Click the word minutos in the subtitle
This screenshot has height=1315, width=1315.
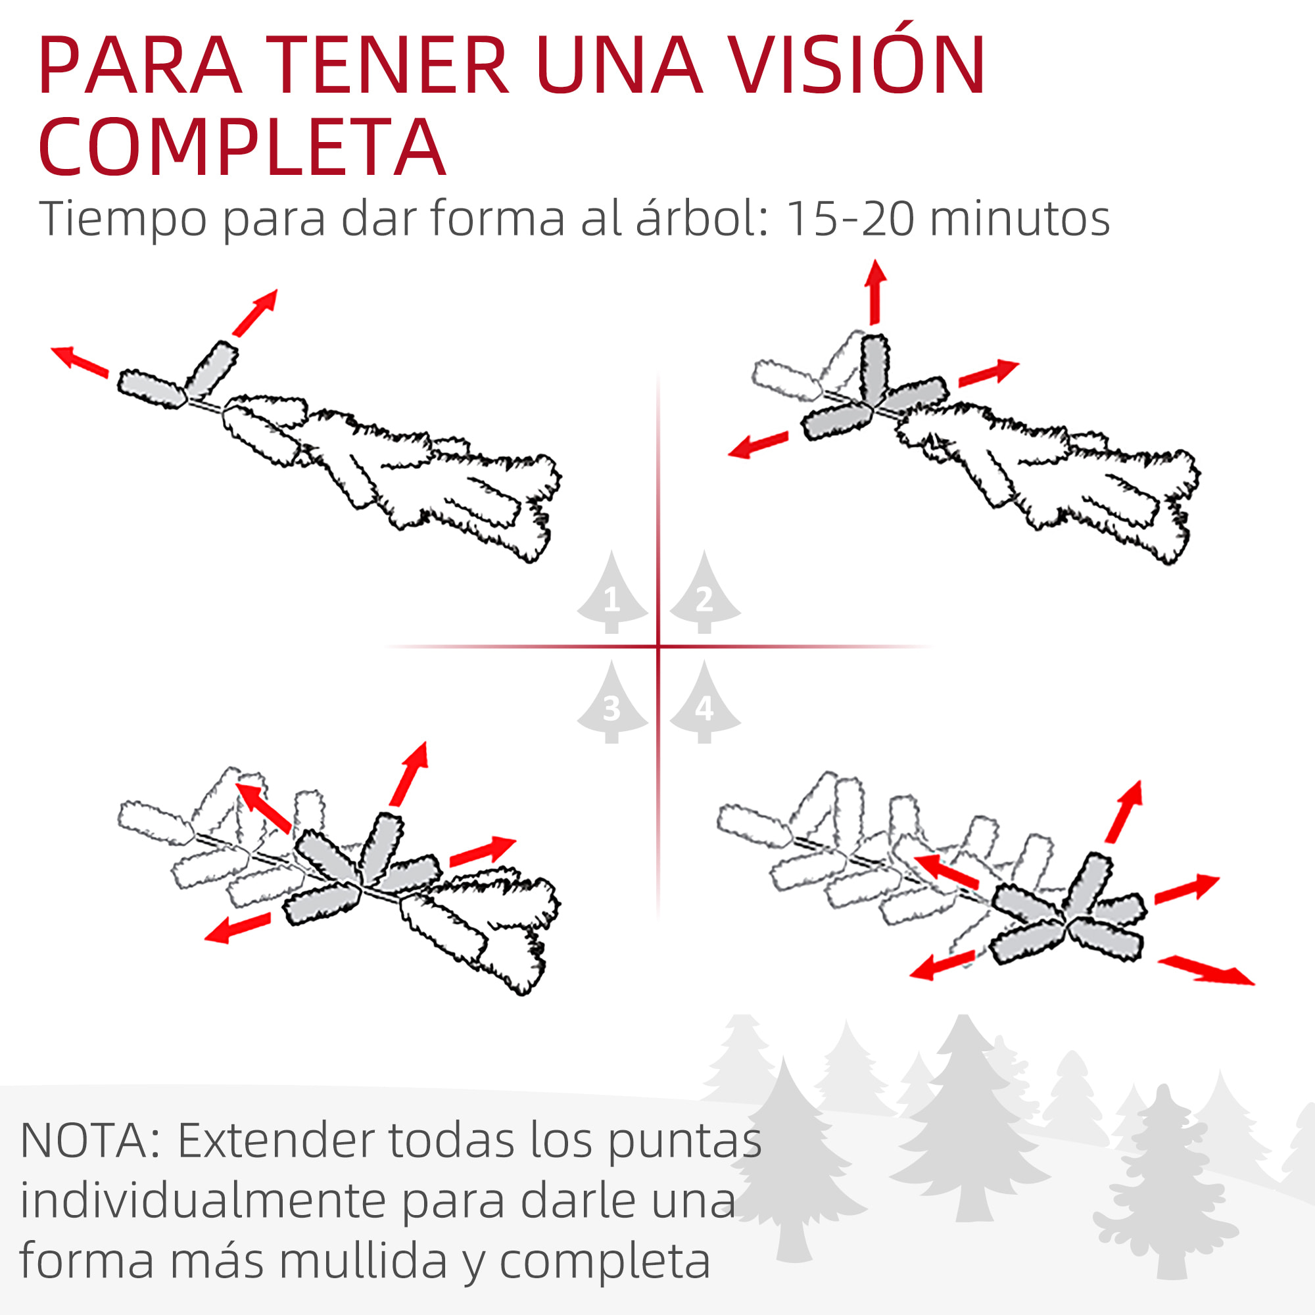pyautogui.click(x=1020, y=218)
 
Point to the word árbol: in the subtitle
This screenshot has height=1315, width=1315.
pyautogui.click(x=702, y=218)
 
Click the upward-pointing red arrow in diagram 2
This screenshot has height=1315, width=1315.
pyautogui.click(x=875, y=291)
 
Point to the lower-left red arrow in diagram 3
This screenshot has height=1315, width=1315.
pyautogui.click(x=237, y=928)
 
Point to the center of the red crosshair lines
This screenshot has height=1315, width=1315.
pyautogui.click(x=658, y=646)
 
